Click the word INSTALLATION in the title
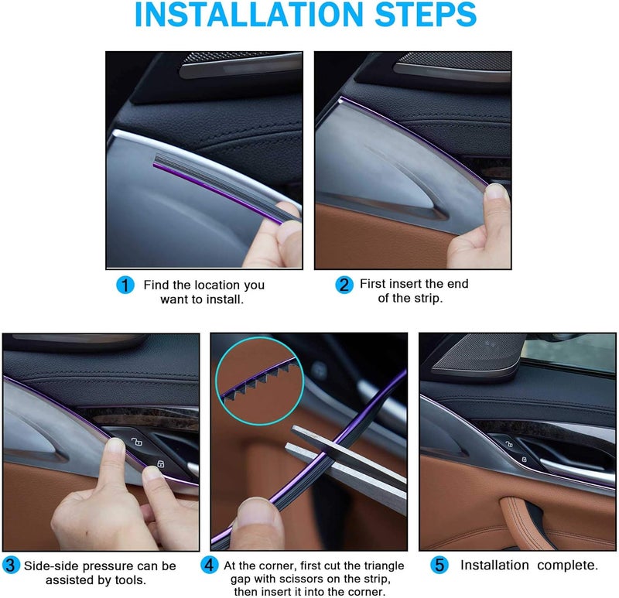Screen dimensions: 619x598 (x=248, y=14)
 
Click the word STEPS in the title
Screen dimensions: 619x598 (x=426, y=14)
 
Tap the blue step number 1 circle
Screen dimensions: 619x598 (x=125, y=285)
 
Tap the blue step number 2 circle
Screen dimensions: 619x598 (x=344, y=285)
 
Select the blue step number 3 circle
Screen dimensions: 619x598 (x=11, y=566)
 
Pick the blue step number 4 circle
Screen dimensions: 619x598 (x=209, y=565)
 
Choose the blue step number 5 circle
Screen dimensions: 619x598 (x=439, y=565)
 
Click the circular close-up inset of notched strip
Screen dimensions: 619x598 (x=259, y=381)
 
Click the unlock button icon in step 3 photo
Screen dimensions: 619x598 (x=137, y=441)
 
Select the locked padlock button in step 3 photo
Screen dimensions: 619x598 (x=161, y=463)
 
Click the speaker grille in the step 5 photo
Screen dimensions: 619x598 (x=480, y=354)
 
